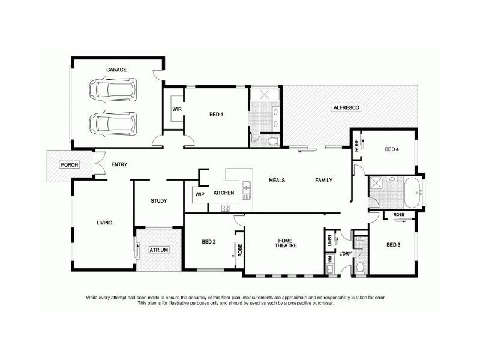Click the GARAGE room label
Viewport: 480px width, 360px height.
click(x=116, y=70)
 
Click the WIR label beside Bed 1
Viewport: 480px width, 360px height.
click(x=176, y=109)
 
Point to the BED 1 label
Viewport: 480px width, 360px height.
click(x=216, y=115)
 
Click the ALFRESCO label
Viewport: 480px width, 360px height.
click(x=344, y=107)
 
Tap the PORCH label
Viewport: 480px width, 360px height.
click(x=68, y=164)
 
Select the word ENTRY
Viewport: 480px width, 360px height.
click(x=119, y=164)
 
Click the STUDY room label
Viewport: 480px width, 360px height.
click(x=159, y=201)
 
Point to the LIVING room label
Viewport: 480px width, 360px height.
click(x=104, y=223)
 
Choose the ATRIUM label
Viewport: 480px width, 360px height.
click(x=159, y=249)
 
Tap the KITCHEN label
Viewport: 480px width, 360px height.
click(x=223, y=193)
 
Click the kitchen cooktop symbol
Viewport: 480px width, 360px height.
click(x=226, y=208)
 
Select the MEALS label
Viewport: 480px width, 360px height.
click(x=277, y=180)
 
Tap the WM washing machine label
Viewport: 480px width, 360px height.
click(x=330, y=259)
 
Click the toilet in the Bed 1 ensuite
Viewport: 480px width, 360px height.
click(x=272, y=141)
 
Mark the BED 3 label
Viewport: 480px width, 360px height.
click(x=393, y=245)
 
